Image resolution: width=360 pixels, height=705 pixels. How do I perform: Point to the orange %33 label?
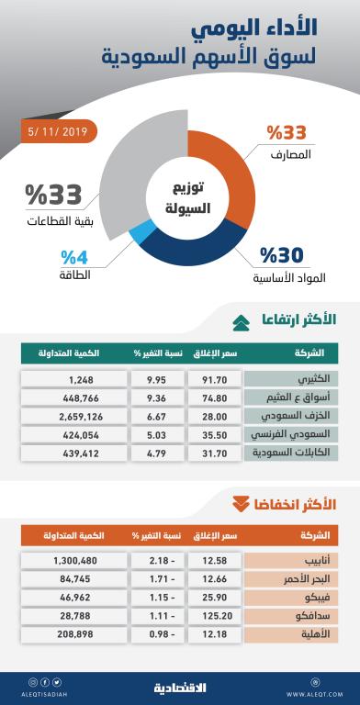click(286, 131)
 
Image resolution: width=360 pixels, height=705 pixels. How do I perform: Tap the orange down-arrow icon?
click(241, 503)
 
